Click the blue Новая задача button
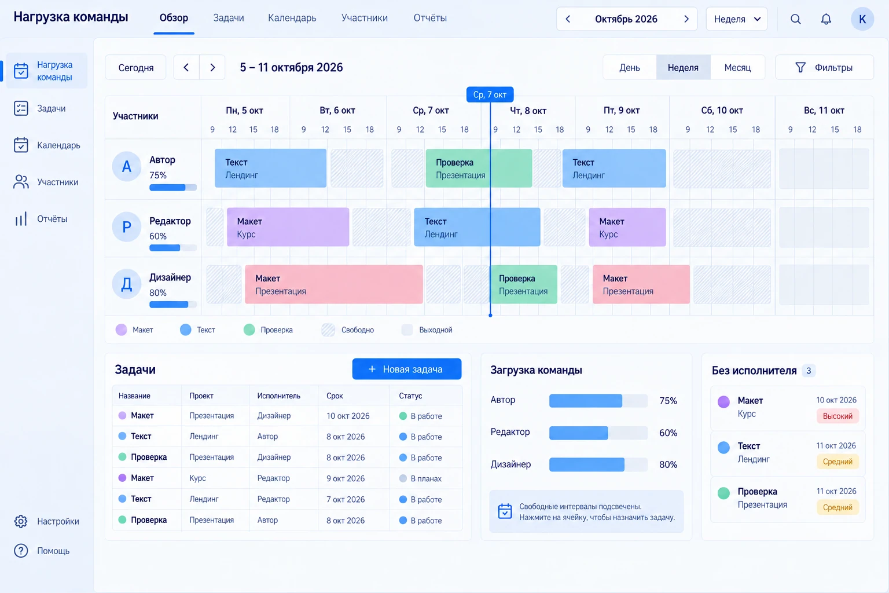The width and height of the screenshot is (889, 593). coord(407,369)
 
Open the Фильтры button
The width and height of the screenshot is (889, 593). coord(824,68)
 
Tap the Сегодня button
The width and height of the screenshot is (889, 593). coord(136,68)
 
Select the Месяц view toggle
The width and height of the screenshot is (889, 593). coord(737,68)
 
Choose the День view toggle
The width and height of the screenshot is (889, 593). coord(630,68)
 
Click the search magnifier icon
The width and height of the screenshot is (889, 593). coord(795,19)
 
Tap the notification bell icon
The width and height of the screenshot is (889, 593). coord(826,19)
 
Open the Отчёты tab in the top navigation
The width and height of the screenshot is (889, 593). coord(430,18)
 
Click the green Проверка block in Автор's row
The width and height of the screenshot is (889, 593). coord(479,169)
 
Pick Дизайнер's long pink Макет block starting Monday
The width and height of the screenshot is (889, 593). coord(334,284)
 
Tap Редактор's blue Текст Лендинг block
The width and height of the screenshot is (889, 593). coord(477,227)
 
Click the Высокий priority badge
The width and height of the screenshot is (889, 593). coord(837,416)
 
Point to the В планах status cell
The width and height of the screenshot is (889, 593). coord(421,478)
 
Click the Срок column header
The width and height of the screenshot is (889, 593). coord(335,396)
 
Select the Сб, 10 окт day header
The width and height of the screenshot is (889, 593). coord(722,111)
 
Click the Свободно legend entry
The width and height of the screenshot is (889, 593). coord(348,330)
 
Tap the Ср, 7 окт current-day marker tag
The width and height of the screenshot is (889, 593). coord(490,94)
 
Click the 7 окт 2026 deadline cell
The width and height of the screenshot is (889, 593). coord(346,499)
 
